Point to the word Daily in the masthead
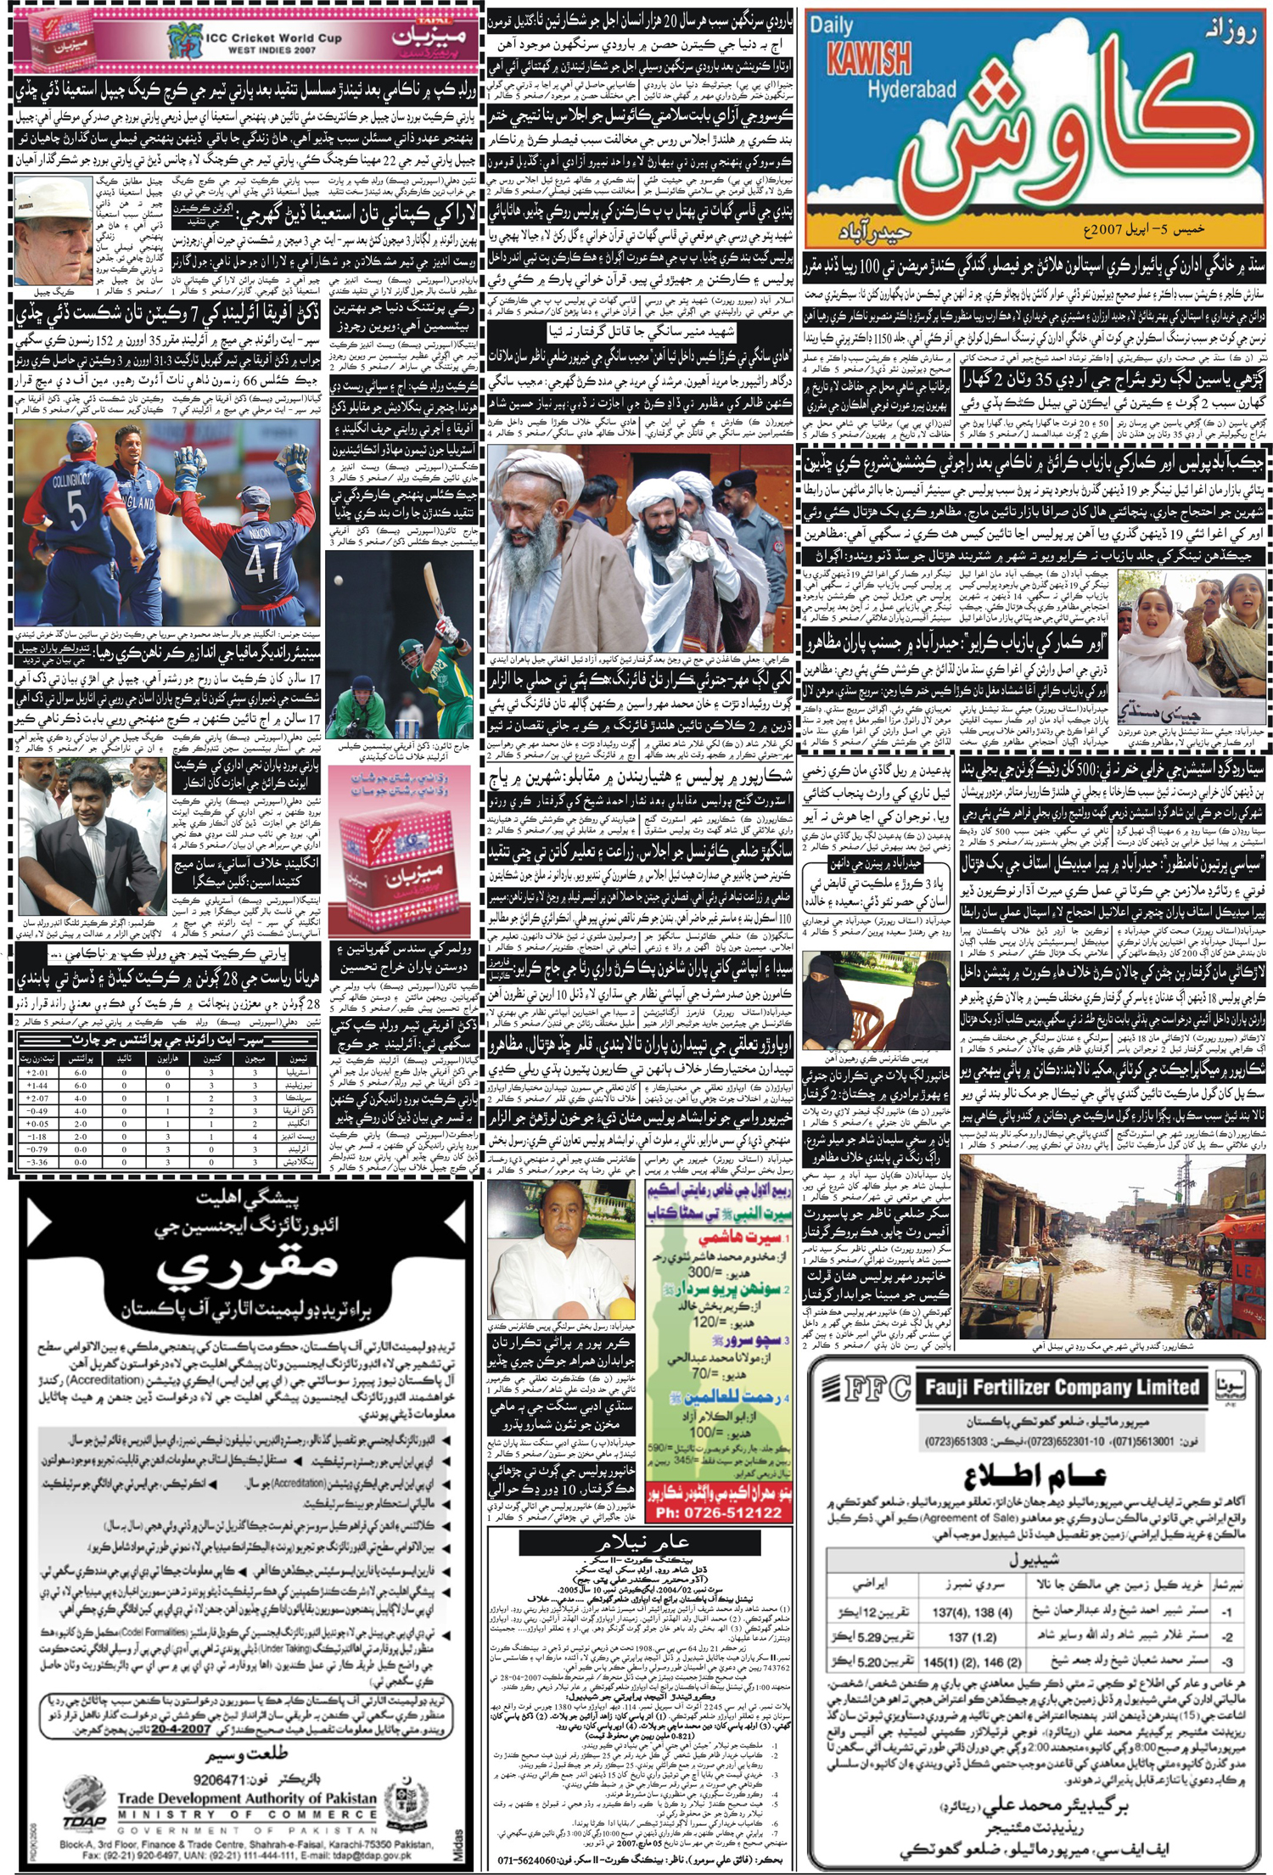831,25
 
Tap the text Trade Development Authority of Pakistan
246,1798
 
